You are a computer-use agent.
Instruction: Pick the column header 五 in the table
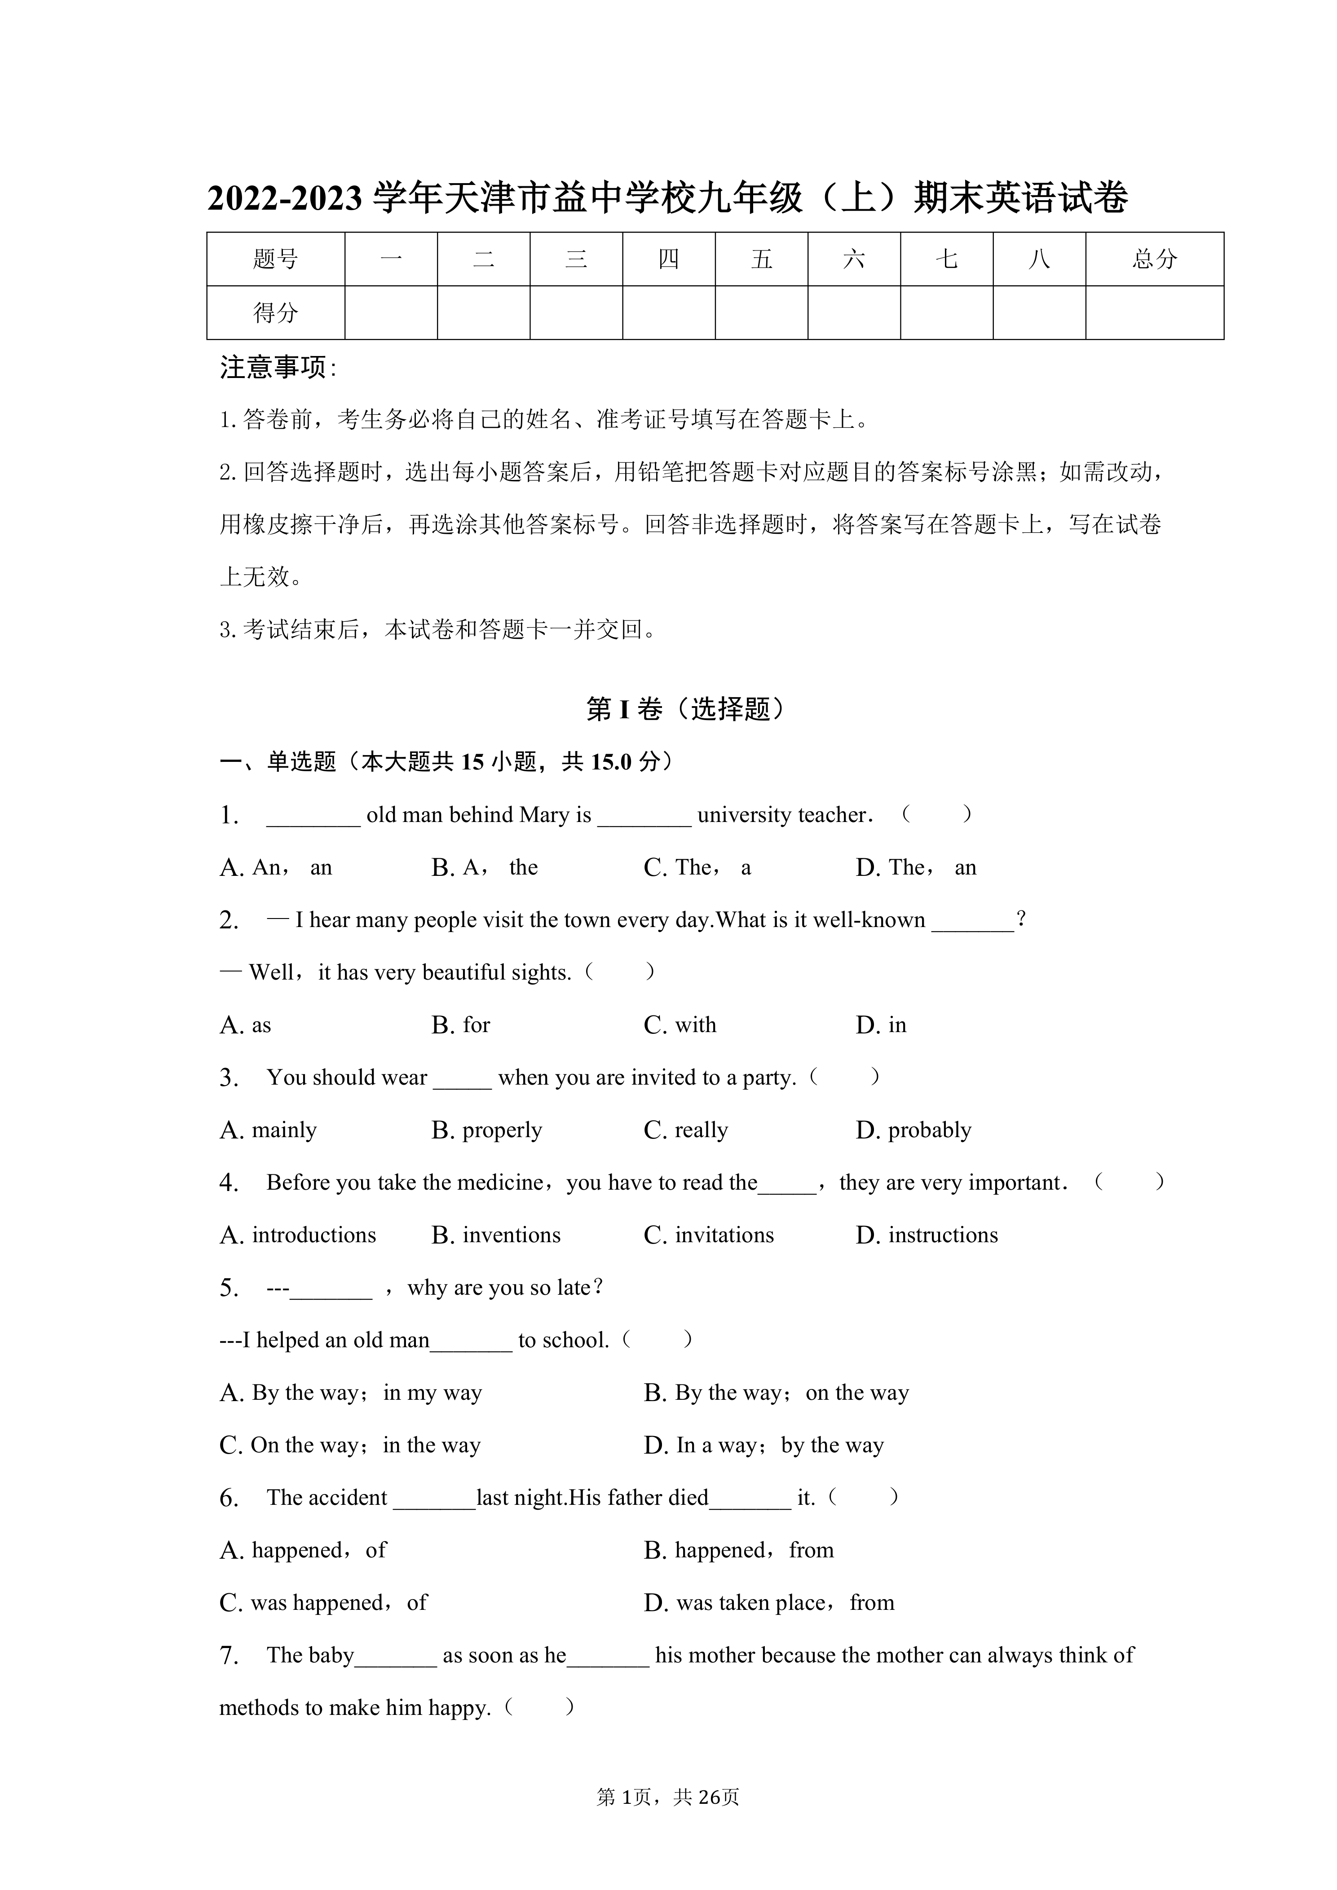[x=762, y=259]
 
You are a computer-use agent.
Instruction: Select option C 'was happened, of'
[x=323, y=1603]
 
